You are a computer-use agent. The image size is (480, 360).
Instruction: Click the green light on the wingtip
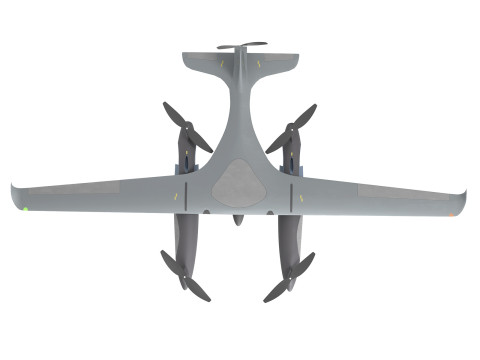coord(24,209)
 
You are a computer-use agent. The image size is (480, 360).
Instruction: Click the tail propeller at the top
coord(240,46)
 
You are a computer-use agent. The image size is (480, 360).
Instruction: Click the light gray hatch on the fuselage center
coord(238,182)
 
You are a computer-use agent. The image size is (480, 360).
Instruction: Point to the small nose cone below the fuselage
coord(238,219)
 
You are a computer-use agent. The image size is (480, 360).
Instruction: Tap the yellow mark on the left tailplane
coord(216,65)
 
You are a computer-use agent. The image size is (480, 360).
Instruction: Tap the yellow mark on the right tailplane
coord(262,65)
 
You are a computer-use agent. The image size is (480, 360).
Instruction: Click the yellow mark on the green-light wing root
coord(178,195)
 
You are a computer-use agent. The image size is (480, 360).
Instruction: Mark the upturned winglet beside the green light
coord(15,196)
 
